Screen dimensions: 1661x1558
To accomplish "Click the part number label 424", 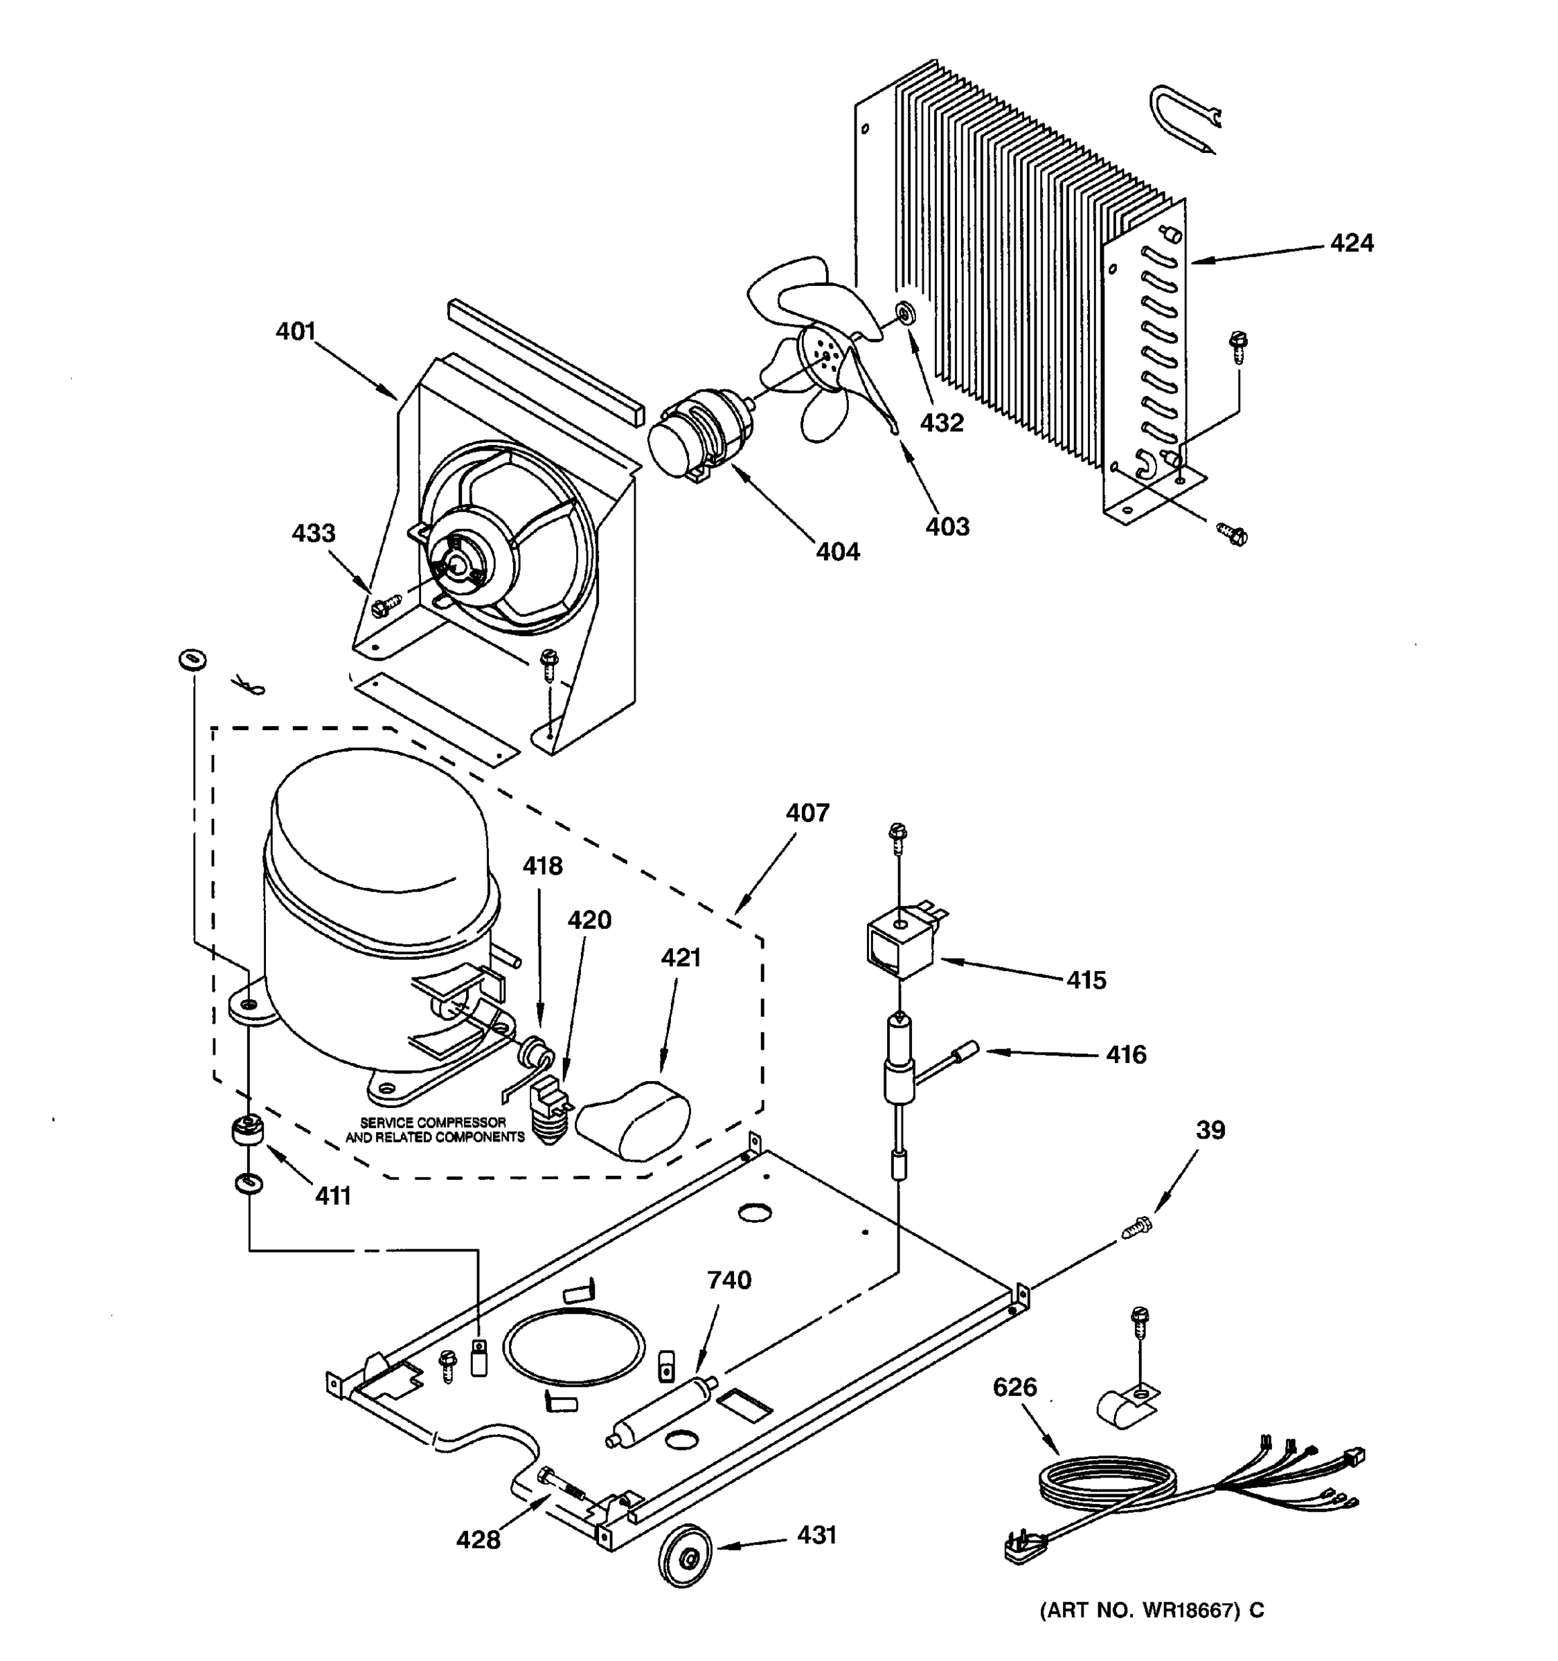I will click(1352, 243).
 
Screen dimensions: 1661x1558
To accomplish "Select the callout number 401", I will click(296, 331).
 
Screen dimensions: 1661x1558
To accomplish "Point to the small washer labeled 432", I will click(905, 314).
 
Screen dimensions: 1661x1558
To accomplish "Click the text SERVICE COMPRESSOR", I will click(433, 1122).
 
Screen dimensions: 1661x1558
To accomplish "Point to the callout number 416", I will click(1126, 1055).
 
